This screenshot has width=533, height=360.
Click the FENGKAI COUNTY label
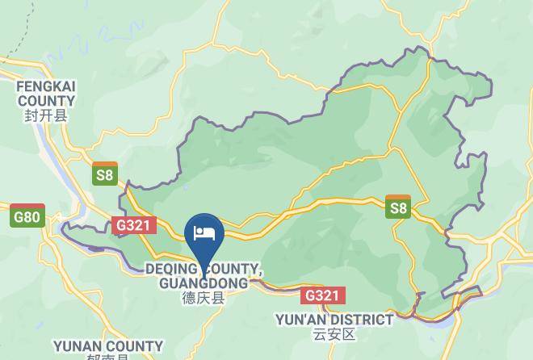(46, 92)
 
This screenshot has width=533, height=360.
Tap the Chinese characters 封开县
(46, 115)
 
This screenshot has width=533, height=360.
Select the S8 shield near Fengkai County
(104, 173)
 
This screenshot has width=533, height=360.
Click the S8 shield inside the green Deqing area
(398, 207)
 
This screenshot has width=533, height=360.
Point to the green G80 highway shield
(27, 216)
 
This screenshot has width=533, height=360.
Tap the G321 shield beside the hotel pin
(132, 225)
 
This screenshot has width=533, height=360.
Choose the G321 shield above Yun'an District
(322, 295)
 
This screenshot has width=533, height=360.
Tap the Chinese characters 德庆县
(203, 298)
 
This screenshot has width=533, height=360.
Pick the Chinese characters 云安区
(334, 333)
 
